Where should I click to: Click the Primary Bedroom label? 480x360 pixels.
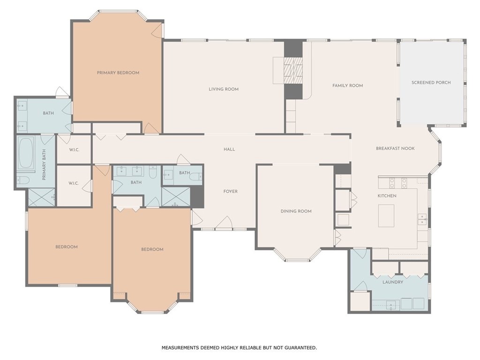click(x=118, y=73)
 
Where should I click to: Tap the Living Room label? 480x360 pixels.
click(x=224, y=90)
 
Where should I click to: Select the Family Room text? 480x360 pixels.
click(x=347, y=86)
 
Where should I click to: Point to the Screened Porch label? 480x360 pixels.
click(x=431, y=82)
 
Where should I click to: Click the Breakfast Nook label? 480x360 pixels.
click(x=395, y=149)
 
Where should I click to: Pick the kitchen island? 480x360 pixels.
click(x=386, y=216)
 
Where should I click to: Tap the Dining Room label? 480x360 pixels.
click(x=296, y=211)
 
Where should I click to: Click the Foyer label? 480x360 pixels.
click(x=231, y=192)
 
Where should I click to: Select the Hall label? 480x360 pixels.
click(x=229, y=150)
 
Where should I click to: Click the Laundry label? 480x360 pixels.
click(x=393, y=282)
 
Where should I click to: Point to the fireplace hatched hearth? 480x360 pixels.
click(x=293, y=70)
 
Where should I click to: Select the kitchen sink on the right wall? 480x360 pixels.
click(x=423, y=219)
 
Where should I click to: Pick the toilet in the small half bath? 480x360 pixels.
click(x=196, y=176)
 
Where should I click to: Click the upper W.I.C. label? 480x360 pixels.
click(x=74, y=150)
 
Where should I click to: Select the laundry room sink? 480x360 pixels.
click(x=391, y=305)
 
